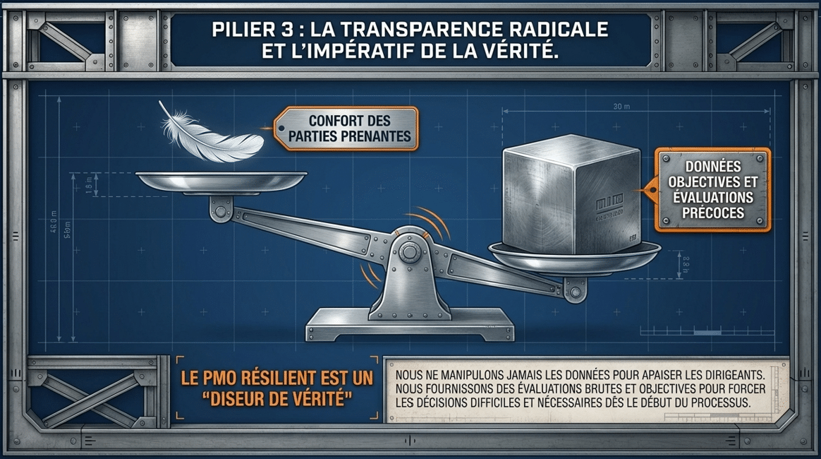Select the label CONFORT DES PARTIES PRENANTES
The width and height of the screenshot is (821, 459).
tap(349, 129)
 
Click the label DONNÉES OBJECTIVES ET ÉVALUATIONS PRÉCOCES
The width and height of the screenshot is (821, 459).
tap(712, 189)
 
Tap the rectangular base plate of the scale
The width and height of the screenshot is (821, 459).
tap(410, 328)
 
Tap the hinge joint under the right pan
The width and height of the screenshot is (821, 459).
tap(575, 289)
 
